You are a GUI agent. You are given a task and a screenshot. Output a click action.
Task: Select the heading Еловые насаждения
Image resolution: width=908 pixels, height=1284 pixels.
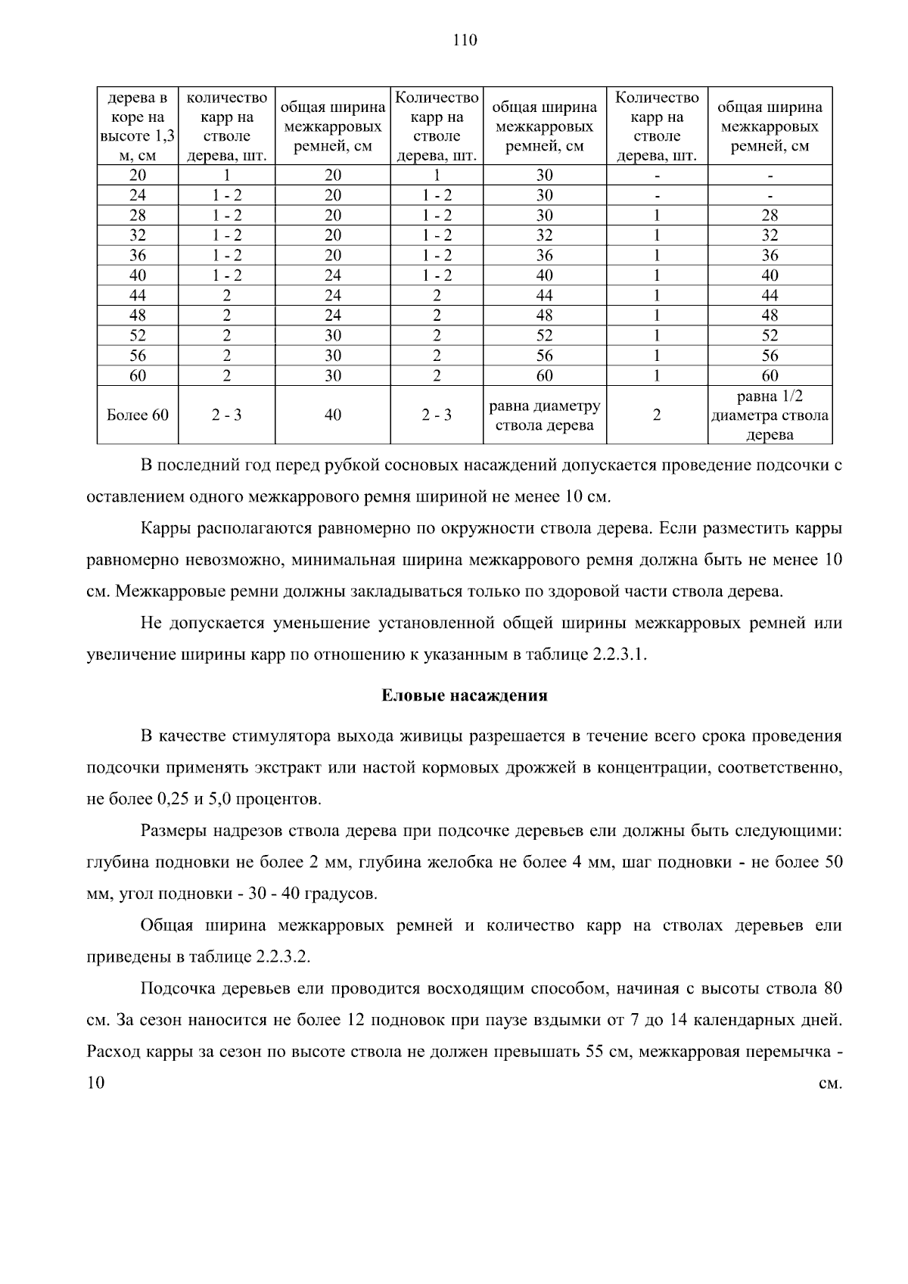(464, 695)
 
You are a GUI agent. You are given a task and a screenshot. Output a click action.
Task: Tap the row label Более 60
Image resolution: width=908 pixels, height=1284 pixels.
(138, 415)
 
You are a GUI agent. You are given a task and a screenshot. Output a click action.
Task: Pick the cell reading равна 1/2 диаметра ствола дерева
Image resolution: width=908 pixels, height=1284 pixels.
(770, 415)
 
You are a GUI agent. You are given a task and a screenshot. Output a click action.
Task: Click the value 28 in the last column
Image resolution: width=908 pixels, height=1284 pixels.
(770, 215)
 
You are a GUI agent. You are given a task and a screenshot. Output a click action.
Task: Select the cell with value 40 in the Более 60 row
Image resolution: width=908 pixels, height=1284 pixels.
(333, 415)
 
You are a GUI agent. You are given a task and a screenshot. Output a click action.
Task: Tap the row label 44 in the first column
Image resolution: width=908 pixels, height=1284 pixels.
(138, 295)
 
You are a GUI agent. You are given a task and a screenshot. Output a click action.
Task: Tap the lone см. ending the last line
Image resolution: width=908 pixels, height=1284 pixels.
(831, 1083)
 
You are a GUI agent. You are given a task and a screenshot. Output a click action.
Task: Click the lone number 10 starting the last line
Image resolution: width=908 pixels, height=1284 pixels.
(96, 1083)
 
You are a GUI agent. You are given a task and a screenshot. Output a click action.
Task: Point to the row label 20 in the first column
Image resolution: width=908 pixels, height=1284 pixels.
(138, 175)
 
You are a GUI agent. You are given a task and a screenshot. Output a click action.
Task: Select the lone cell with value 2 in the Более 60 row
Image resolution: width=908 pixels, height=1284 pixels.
(656, 415)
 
